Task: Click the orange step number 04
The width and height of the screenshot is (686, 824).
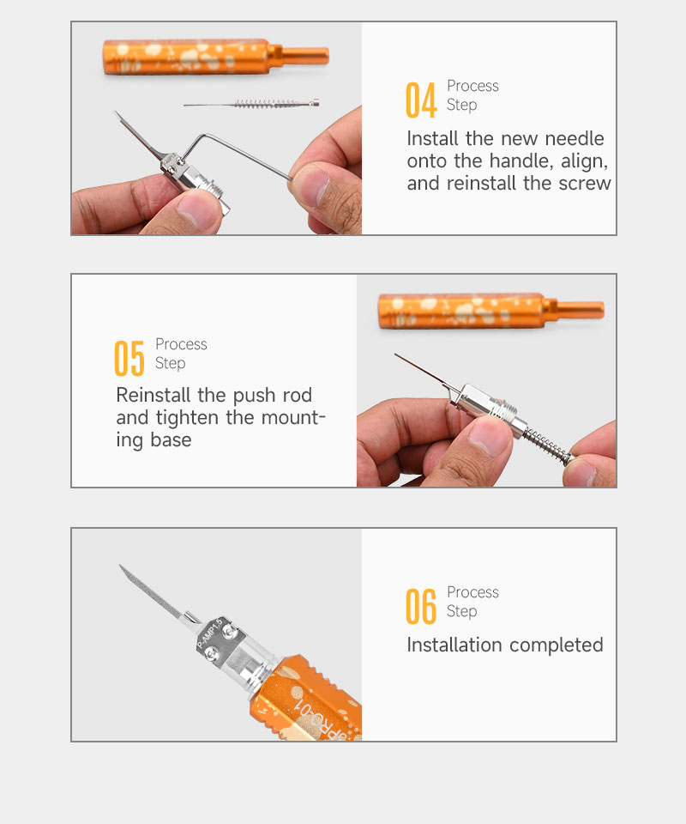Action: click(421, 100)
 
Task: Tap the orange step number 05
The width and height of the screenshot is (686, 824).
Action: click(129, 358)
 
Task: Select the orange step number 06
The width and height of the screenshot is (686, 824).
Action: click(421, 606)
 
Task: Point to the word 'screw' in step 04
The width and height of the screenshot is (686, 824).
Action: click(585, 184)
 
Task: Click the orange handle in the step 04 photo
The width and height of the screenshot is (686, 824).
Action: click(216, 57)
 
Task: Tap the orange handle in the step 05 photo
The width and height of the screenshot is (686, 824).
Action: click(490, 311)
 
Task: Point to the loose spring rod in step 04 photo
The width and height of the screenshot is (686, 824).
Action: click(251, 104)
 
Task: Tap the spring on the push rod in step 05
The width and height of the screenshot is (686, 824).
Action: click(546, 445)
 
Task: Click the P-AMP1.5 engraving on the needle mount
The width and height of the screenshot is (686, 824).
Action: click(209, 633)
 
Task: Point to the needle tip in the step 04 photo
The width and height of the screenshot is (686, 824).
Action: click(116, 112)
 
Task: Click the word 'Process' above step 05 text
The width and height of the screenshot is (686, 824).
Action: click(181, 344)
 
